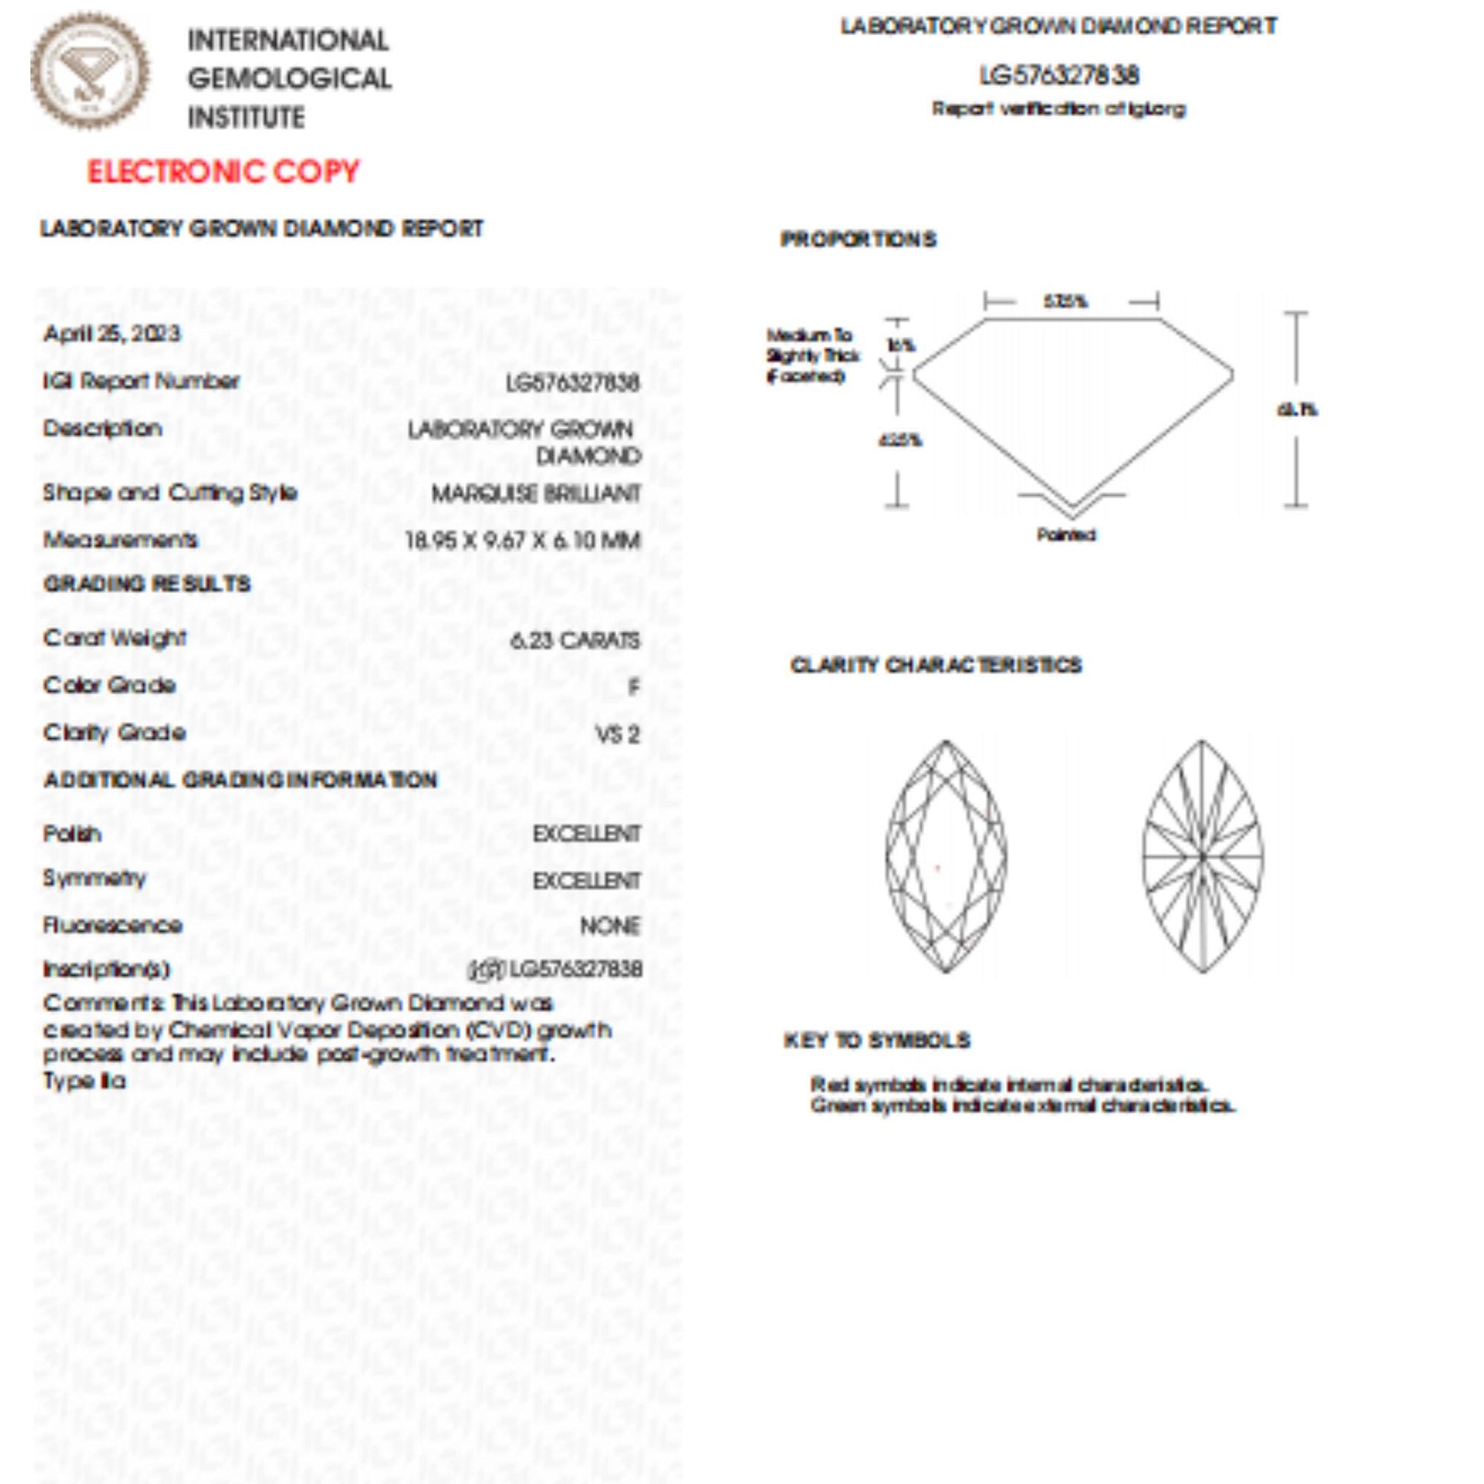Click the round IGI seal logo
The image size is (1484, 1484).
(91, 71)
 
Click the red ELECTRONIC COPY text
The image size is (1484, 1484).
(223, 172)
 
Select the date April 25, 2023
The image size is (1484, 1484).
(111, 333)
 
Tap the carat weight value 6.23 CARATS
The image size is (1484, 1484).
(574, 640)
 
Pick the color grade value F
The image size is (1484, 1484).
(633, 686)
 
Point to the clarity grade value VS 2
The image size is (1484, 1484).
(618, 734)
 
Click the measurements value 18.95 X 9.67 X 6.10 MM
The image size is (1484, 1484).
(523, 541)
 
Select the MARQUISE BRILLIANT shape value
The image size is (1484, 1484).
(535, 493)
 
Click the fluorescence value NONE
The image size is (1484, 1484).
(609, 926)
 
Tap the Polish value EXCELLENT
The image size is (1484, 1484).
(586, 834)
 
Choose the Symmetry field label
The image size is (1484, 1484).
(95, 878)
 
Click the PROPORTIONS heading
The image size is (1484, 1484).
(858, 239)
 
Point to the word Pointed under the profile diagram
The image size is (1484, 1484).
(1066, 535)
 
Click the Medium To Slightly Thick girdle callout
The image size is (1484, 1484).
(813, 355)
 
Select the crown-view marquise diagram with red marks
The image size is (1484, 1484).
(946, 856)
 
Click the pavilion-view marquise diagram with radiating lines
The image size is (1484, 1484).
(1202, 856)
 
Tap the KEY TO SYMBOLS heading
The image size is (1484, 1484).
(876, 1041)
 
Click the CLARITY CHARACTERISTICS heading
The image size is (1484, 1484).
(936, 665)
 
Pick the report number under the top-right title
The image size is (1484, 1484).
(1059, 75)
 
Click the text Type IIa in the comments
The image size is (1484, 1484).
(85, 1081)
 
